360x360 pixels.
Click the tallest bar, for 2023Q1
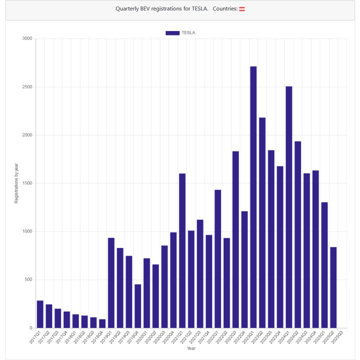[x=253, y=197]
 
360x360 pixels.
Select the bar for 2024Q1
[x=289, y=207]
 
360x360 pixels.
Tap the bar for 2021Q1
[x=182, y=250]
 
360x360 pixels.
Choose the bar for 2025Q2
[x=333, y=287]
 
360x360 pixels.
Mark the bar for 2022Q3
[x=235, y=239]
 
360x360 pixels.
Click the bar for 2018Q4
[x=102, y=323]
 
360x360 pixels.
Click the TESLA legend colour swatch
[x=172, y=33]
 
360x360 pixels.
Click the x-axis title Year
[x=191, y=348]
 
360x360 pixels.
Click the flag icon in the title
[x=242, y=9]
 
